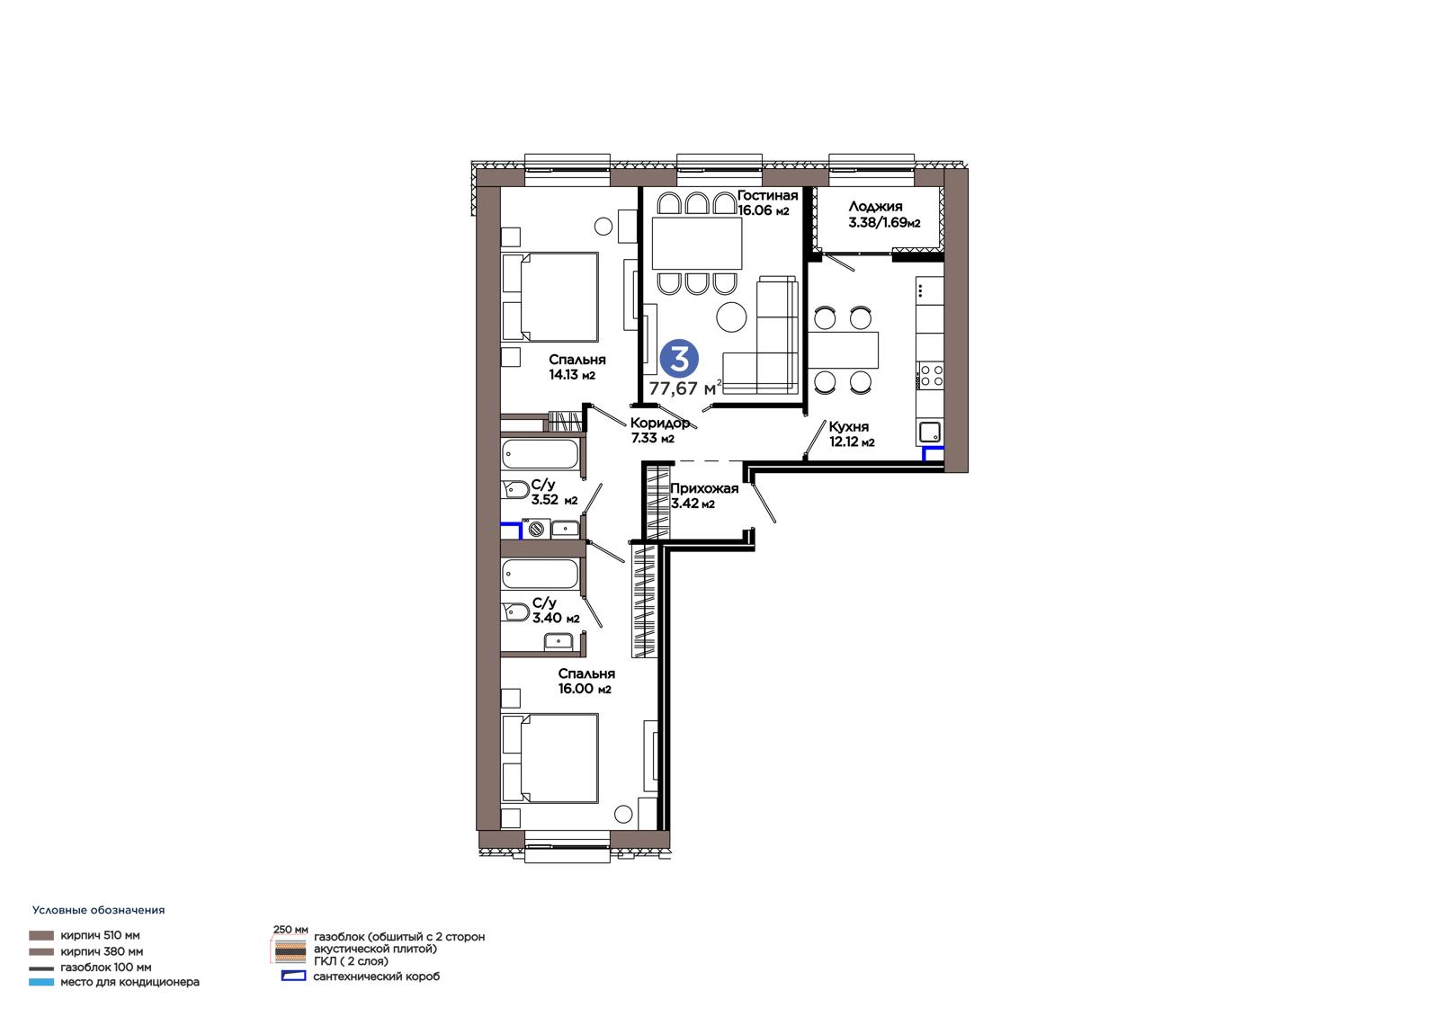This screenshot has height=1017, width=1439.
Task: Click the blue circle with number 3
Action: coord(679,359)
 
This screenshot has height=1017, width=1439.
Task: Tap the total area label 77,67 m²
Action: coord(684,388)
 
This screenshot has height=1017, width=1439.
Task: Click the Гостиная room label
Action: coord(767,195)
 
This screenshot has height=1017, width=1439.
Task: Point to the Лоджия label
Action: coord(875,206)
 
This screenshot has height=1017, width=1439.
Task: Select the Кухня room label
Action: coord(848,426)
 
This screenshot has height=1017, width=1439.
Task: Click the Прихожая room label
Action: coord(704,488)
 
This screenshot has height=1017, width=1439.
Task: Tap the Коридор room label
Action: coord(660,423)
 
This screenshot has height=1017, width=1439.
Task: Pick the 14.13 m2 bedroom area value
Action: coord(572,375)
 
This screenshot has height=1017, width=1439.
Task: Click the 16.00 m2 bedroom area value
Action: coord(585,689)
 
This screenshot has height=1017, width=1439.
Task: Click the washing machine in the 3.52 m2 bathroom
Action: coord(536,529)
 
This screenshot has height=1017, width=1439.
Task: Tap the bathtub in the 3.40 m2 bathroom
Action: coord(541,574)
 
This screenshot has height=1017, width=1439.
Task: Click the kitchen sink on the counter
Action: coord(930,431)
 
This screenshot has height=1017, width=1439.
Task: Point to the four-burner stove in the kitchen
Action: coord(930,375)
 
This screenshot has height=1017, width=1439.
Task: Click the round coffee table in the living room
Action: coord(731,317)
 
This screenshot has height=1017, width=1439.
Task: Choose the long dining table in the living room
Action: coord(697,243)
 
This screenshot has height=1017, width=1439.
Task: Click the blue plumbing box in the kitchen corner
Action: coord(933,453)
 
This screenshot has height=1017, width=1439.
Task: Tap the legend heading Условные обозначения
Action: coord(98,910)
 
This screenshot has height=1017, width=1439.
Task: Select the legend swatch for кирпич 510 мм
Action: coord(41,935)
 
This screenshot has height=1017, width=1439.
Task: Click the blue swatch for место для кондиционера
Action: coord(41,982)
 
